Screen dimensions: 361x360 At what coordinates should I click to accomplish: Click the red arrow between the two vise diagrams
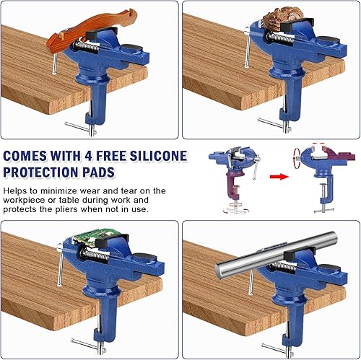point(279,177)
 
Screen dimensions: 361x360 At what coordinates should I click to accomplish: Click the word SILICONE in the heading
point(158,156)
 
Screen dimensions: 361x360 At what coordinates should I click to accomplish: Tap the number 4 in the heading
point(88,156)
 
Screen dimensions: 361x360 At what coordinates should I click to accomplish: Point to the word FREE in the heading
point(111,156)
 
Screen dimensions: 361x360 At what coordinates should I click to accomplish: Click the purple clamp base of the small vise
point(233,186)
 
